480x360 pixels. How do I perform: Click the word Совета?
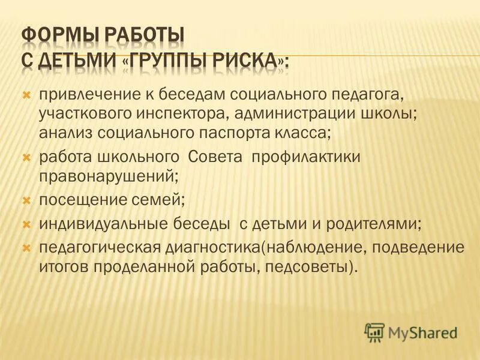point(215,157)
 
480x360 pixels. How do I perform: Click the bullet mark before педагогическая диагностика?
point(26,247)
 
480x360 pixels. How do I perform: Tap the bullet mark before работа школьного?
point(26,157)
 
